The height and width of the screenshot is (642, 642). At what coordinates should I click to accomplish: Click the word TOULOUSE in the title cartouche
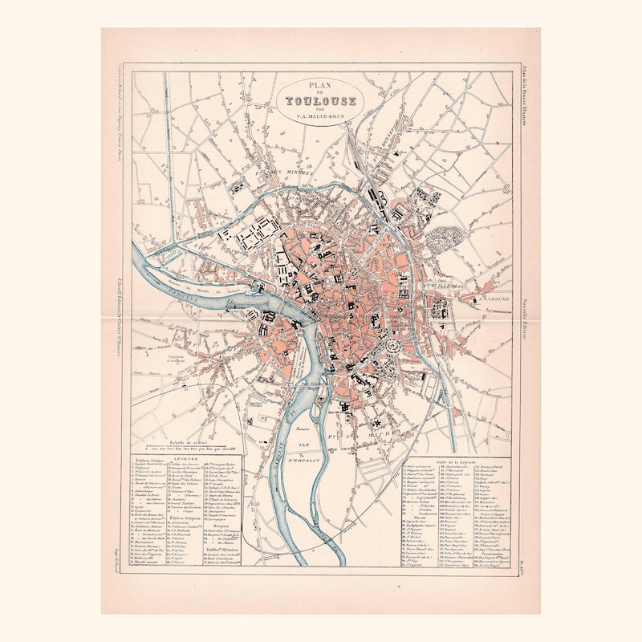point(320,101)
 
